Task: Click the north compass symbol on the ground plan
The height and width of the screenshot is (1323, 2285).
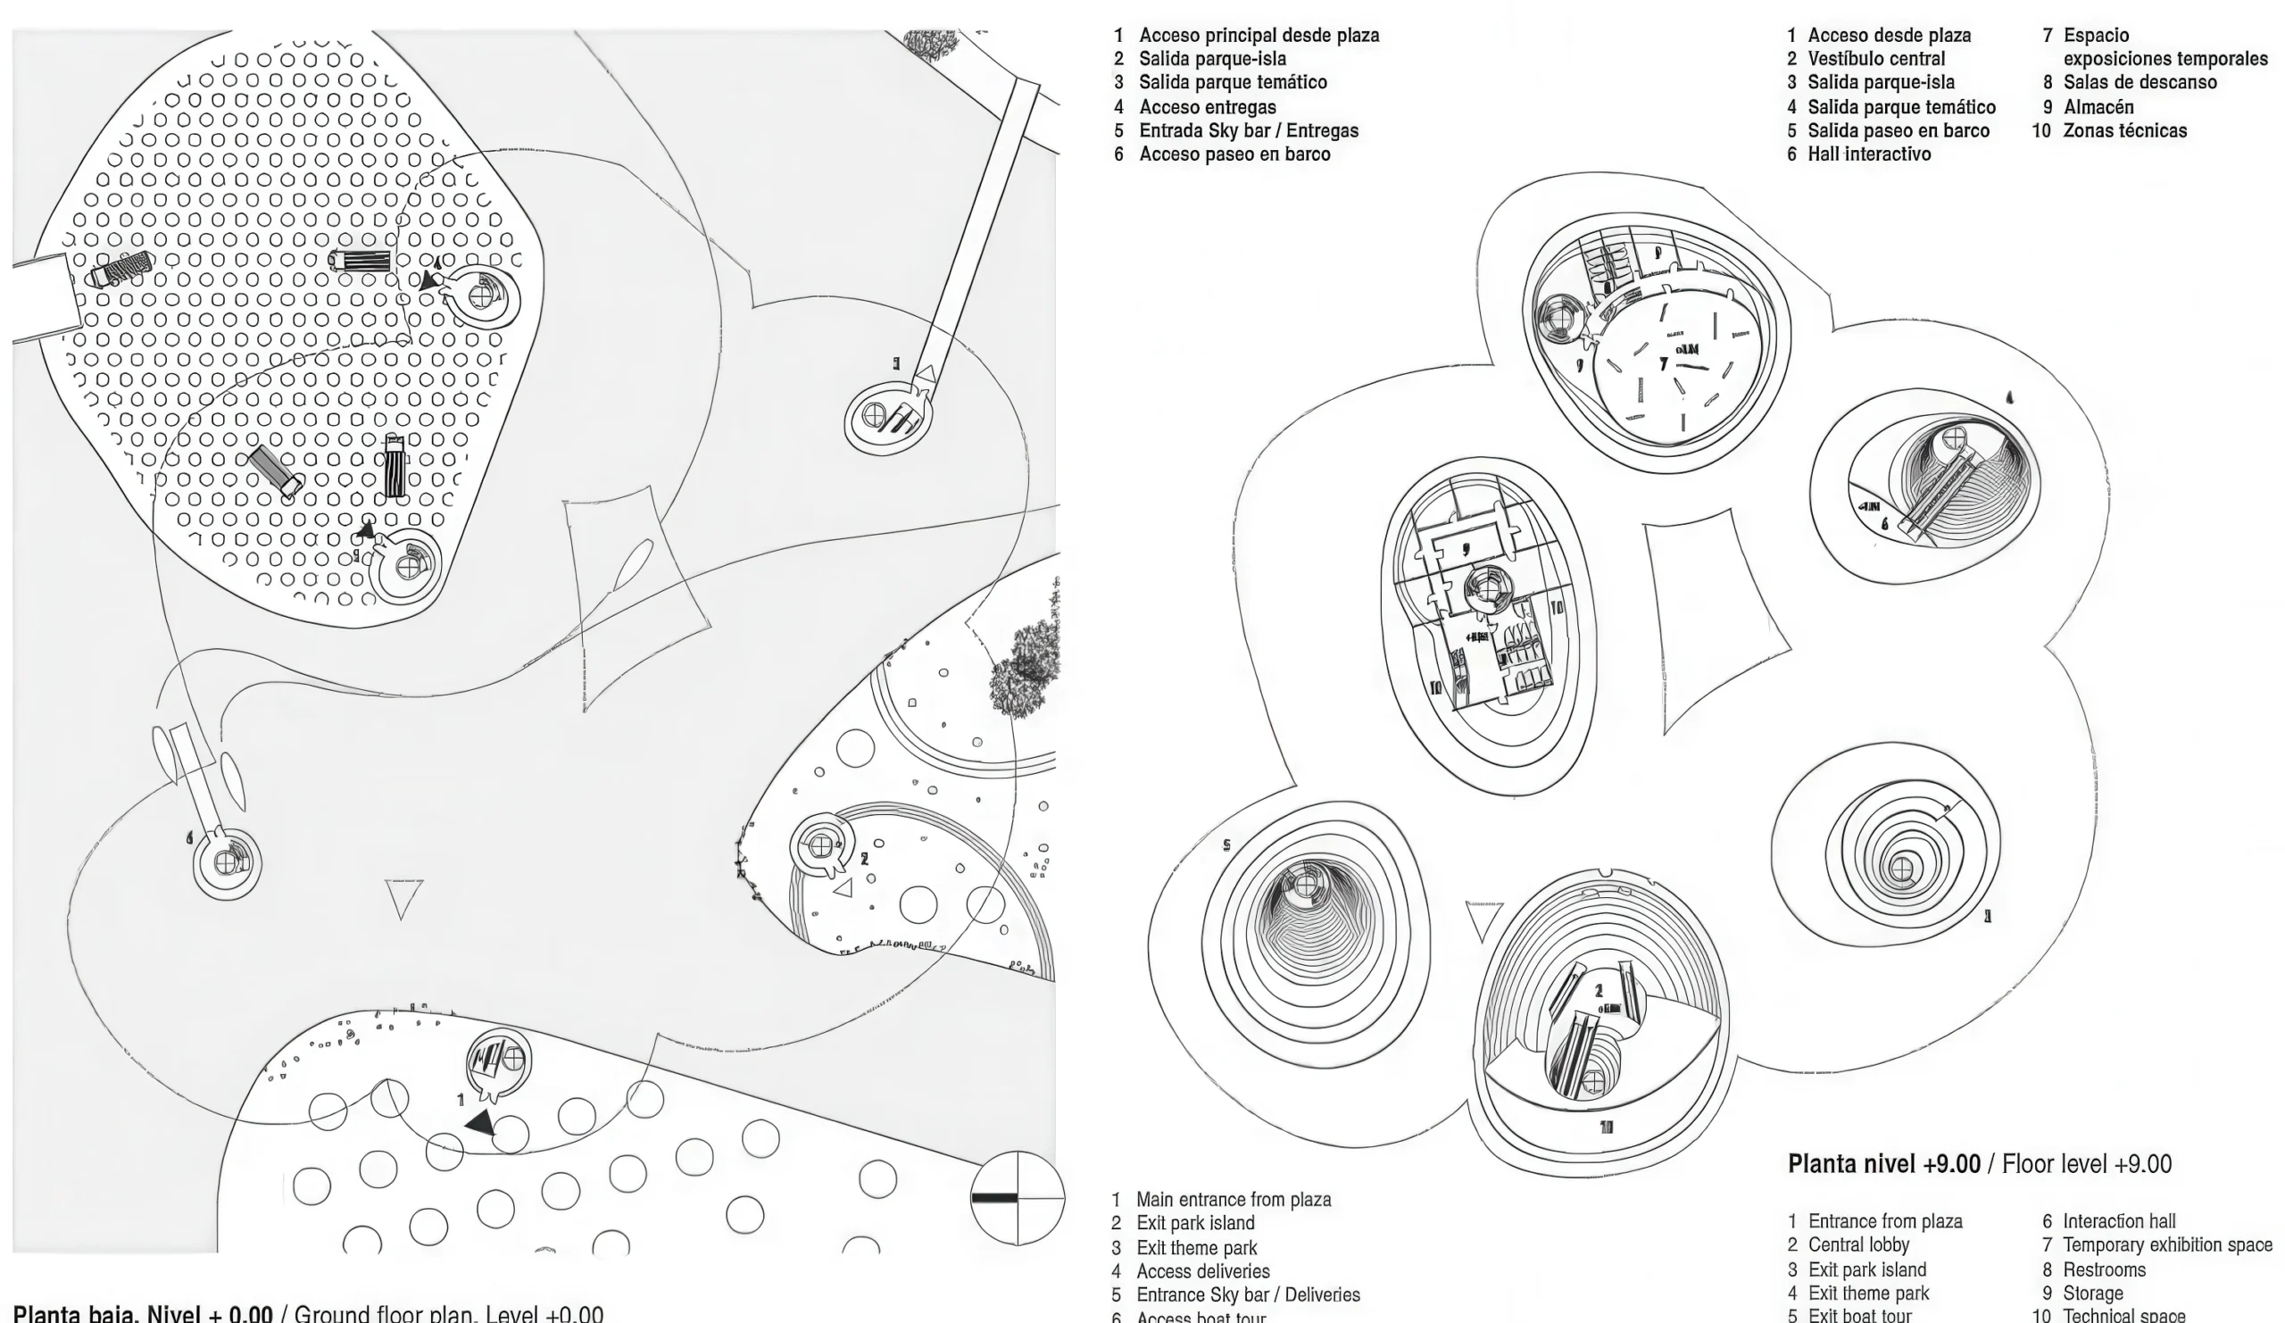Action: (1017, 1198)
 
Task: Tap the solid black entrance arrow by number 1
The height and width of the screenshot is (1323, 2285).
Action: (481, 1124)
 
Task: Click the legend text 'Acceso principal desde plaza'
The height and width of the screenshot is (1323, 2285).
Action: (1259, 36)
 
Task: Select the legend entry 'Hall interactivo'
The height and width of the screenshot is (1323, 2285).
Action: (1869, 154)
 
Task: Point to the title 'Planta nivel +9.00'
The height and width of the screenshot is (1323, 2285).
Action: (1883, 1164)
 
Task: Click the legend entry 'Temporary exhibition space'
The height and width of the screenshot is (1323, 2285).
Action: (2167, 1245)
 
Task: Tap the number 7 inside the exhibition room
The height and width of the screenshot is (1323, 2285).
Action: (1664, 363)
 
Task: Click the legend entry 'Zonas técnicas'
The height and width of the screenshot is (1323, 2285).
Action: (2124, 130)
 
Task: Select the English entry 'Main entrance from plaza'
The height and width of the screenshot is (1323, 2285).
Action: (1234, 1200)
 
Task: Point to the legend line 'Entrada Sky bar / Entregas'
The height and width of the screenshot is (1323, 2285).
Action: (1249, 130)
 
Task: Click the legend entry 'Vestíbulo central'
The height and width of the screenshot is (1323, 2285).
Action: (1876, 59)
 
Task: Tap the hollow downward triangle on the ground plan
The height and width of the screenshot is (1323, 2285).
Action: (403, 898)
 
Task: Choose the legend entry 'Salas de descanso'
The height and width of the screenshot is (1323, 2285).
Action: (2140, 82)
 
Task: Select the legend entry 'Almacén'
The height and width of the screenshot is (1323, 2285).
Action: (2098, 107)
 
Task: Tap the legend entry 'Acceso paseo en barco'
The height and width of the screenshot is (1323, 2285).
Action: (1234, 154)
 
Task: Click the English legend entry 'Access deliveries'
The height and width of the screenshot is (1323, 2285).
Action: (1202, 1271)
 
